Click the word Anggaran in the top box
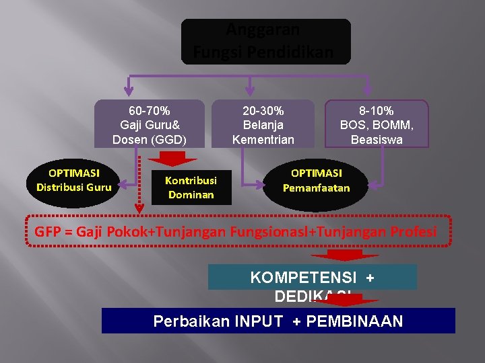click(263, 30)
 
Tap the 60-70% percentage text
click(149, 110)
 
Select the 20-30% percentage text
click(263, 110)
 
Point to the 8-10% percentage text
click(377, 110)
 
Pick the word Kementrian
click(263, 140)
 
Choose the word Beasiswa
click(377, 140)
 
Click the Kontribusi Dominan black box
click(191, 188)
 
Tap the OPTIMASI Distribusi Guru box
click(74, 180)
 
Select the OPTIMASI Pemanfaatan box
click(316, 181)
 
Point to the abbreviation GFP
click(47, 232)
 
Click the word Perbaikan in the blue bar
click(191, 321)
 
